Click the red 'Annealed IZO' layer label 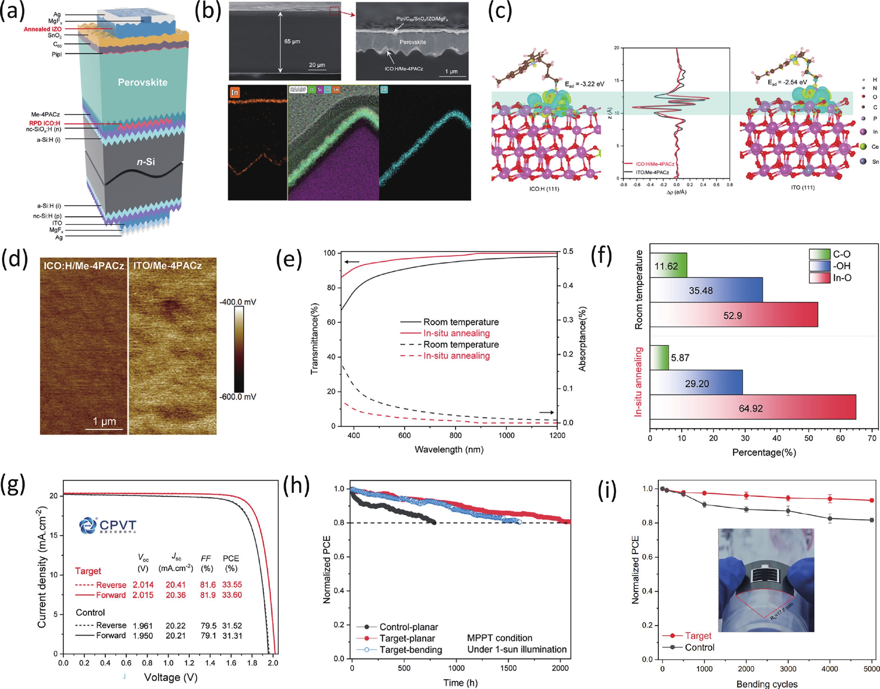[x=43, y=29]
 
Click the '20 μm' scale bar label [x=317, y=65]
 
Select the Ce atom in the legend [x=863, y=146]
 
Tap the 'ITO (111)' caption [x=803, y=188]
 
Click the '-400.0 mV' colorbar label [x=238, y=302]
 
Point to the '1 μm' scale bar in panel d [x=104, y=422]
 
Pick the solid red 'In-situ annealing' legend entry [x=456, y=333]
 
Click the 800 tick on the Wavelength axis [x=455, y=435]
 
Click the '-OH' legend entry [x=841, y=266]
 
